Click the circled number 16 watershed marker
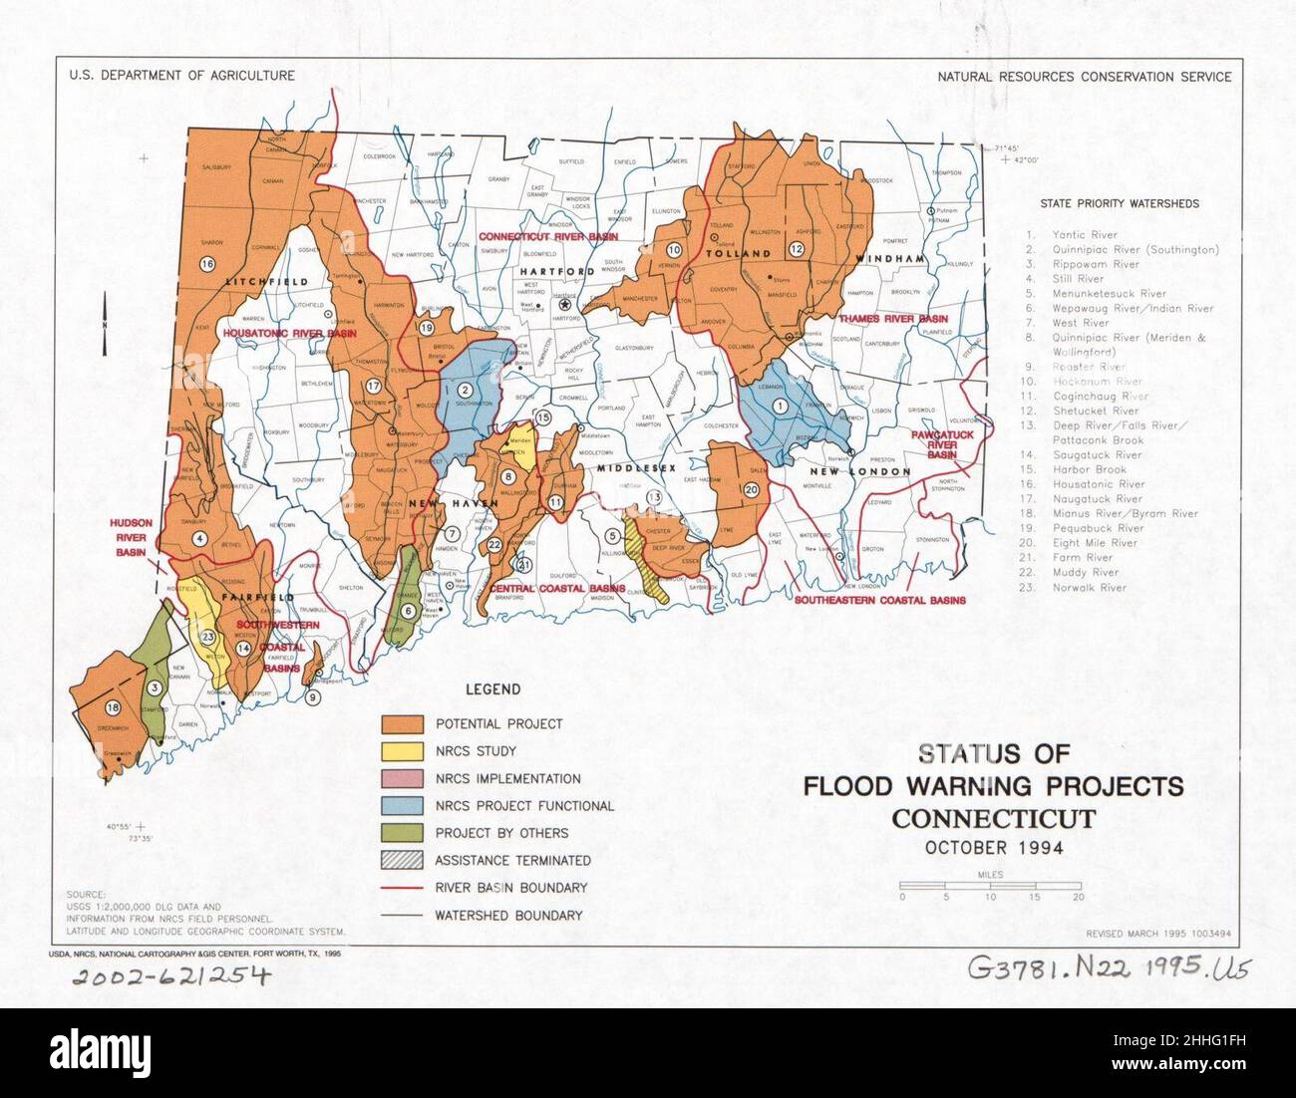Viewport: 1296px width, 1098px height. coord(206,264)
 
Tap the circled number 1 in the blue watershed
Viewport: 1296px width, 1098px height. coord(781,404)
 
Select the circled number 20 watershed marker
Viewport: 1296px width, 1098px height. coord(751,488)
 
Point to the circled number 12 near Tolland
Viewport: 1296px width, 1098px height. coord(797,248)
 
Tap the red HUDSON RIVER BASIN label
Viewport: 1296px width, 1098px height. coord(132,537)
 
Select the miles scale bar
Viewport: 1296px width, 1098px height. coord(990,885)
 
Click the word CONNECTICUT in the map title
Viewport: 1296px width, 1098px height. coord(993,819)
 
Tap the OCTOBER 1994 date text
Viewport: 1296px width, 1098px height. coord(993,849)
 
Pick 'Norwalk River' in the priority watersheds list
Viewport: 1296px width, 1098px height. coord(1089,588)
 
